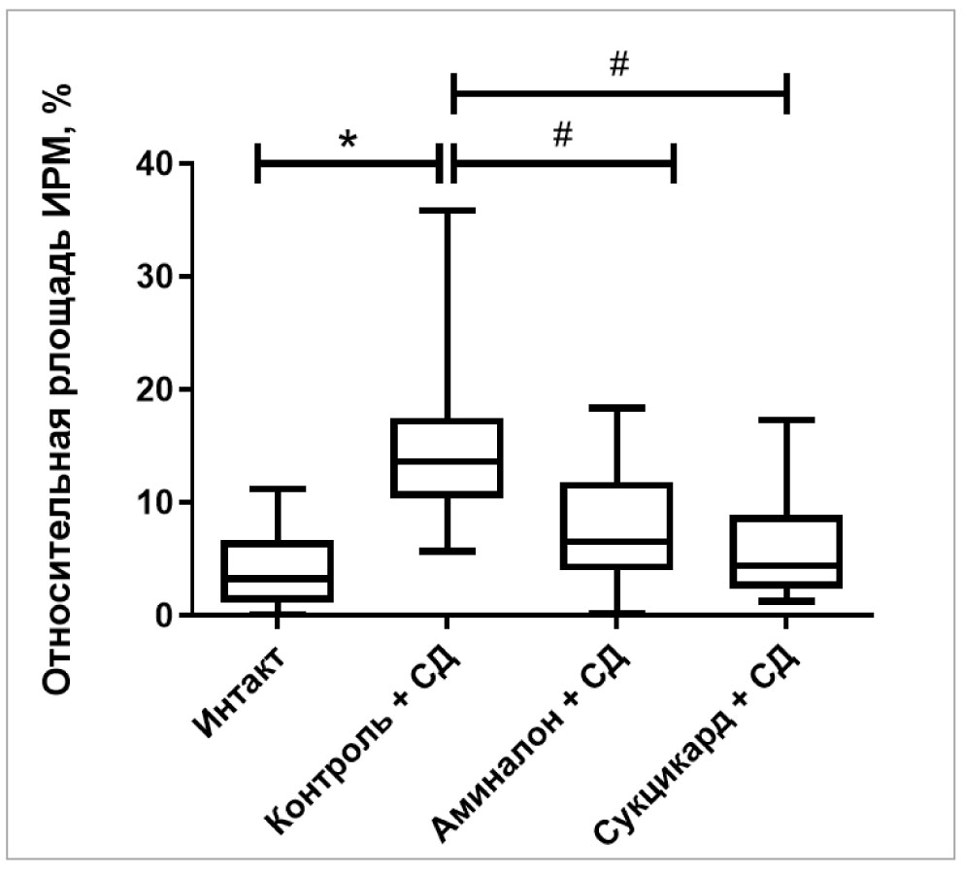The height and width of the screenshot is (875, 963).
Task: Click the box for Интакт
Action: click(278, 571)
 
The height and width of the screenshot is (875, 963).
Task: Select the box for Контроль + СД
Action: click(447, 457)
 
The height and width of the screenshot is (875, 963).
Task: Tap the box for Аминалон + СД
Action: click(616, 525)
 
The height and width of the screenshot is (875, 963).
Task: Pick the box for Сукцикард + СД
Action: click(785, 552)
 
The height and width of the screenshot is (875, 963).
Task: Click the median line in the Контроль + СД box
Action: click(447, 461)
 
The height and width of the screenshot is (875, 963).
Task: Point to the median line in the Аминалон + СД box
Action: click(616, 541)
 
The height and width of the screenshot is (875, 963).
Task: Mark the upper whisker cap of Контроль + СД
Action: click(447, 210)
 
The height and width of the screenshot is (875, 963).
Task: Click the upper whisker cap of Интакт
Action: click(278, 488)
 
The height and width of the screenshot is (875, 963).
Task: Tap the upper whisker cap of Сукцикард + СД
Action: click(785, 420)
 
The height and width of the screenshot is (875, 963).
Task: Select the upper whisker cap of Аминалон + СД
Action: click(616, 408)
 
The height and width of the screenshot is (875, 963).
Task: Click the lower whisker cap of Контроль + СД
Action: click(447, 551)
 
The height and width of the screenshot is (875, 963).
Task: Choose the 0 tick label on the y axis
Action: click(165, 615)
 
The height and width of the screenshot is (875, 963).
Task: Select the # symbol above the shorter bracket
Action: click(562, 137)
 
